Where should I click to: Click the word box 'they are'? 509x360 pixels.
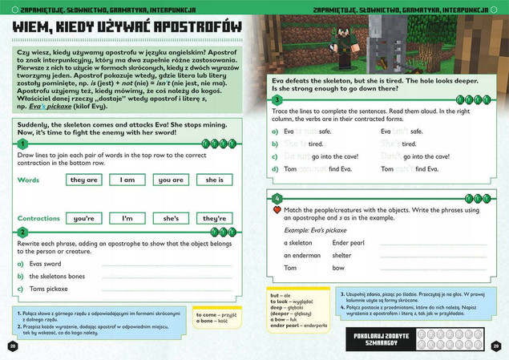pos(84,180)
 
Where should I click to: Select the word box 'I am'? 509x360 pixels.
pos(127,180)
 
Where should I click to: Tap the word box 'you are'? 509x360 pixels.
pos(171,180)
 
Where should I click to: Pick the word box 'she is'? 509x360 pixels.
pos(214,180)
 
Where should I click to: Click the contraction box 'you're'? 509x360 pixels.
pos(84,218)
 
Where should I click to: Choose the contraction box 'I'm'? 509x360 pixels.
pos(127,218)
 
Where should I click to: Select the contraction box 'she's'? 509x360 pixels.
pos(171,218)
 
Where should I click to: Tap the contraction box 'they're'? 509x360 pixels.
pos(214,218)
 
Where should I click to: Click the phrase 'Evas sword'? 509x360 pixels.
pos(45,262)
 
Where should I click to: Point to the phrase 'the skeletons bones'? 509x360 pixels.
pos(58,276)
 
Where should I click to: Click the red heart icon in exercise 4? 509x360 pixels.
pos(277,209)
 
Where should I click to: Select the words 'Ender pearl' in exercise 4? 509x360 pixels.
pos(348,241)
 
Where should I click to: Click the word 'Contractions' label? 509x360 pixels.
pos(39,218)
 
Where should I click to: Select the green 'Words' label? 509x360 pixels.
pos(28,180)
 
